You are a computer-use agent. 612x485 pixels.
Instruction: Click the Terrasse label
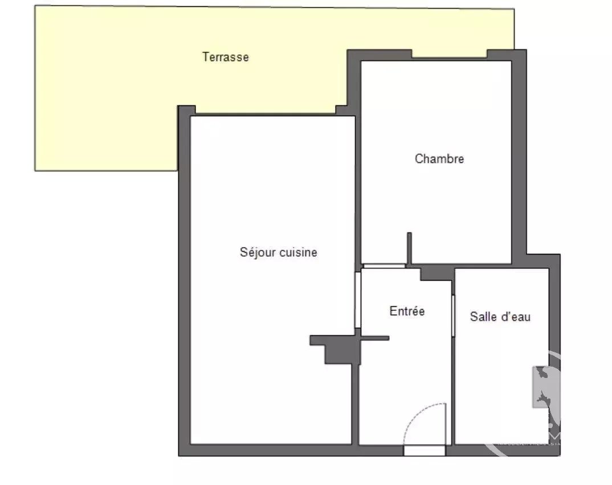(225, 57)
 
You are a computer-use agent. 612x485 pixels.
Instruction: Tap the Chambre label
(439, 159)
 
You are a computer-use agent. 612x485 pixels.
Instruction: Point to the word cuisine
(299, 252)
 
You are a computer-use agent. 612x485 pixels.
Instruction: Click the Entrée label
(407, 311)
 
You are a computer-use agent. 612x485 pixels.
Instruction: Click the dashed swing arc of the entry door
(416, 414)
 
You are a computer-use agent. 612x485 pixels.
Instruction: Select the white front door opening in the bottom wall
(425, 451)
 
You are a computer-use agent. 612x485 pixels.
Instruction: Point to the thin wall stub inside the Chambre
(410, 248)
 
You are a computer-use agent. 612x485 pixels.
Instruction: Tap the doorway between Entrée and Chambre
(384, 266)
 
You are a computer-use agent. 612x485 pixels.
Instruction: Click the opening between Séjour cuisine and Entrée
(357, 300)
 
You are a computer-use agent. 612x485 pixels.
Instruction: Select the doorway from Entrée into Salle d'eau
(453, 315)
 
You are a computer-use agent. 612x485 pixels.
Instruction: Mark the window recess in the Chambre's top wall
(449, 54)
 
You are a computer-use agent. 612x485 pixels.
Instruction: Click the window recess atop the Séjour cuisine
(266, 110)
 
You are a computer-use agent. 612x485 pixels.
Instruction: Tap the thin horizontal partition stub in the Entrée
(375, 338)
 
